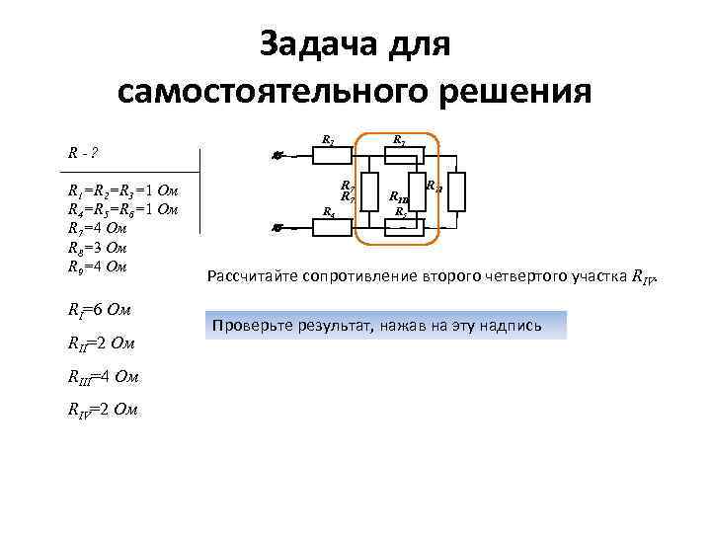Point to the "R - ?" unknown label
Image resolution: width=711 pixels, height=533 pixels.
(81, 154)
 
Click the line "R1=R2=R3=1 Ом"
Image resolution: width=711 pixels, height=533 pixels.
(120, 190)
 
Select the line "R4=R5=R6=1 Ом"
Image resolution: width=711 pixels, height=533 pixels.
(120, 209)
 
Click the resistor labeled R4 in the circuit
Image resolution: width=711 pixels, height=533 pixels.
(336, 226)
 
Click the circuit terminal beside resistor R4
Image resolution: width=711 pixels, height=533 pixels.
(278, 227)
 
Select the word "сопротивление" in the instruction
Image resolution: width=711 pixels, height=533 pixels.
(360, 276)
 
